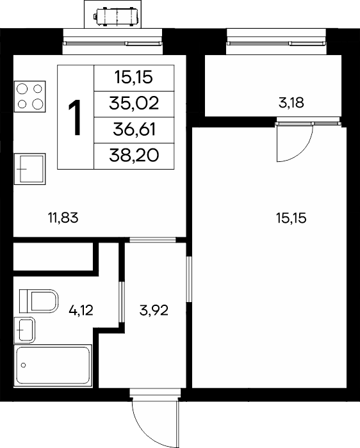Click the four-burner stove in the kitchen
coord(30,97)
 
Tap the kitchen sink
coord(30,169)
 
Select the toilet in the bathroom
coord(39,301)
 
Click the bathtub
coord(53,365)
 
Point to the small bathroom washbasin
coord(24,330)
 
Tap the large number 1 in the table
coord(75,117)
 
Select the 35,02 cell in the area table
coord(134,104)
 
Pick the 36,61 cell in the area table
coord(134,130)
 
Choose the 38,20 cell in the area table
coord(134,156)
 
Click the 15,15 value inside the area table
coord(133,77)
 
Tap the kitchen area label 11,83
coord(63,218)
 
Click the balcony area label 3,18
coord(291,103)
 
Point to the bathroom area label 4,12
coord(81,310)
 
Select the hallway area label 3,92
coord(154,310)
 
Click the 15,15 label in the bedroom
coord(291,218)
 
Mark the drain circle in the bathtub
coord(24,365)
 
